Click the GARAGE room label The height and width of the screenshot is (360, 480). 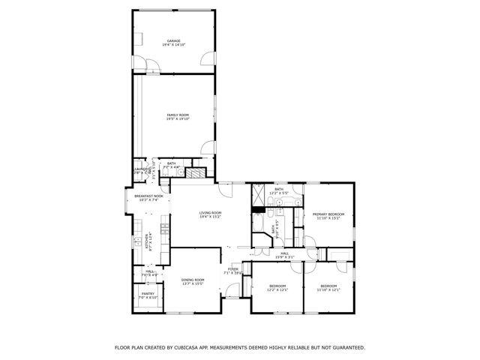point(173,40)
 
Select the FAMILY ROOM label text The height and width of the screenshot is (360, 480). point(178,114)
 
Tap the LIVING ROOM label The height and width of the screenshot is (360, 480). point(210,213)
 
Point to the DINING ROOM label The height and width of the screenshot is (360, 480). point(193,280)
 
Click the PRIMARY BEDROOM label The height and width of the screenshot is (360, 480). point(327,214)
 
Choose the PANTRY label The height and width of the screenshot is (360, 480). point(147,293)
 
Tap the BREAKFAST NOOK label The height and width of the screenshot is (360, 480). point(148,196)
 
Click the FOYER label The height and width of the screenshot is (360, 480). point(233,268)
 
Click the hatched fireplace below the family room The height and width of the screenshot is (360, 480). point(195,172)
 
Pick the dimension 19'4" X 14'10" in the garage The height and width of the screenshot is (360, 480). point(173,45)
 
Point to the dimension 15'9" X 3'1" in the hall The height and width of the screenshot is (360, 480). point(285,258)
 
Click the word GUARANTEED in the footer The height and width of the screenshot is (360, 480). point(348,347)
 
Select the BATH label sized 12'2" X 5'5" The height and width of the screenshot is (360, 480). point(279,190)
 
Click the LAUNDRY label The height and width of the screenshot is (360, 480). point(139,169)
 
